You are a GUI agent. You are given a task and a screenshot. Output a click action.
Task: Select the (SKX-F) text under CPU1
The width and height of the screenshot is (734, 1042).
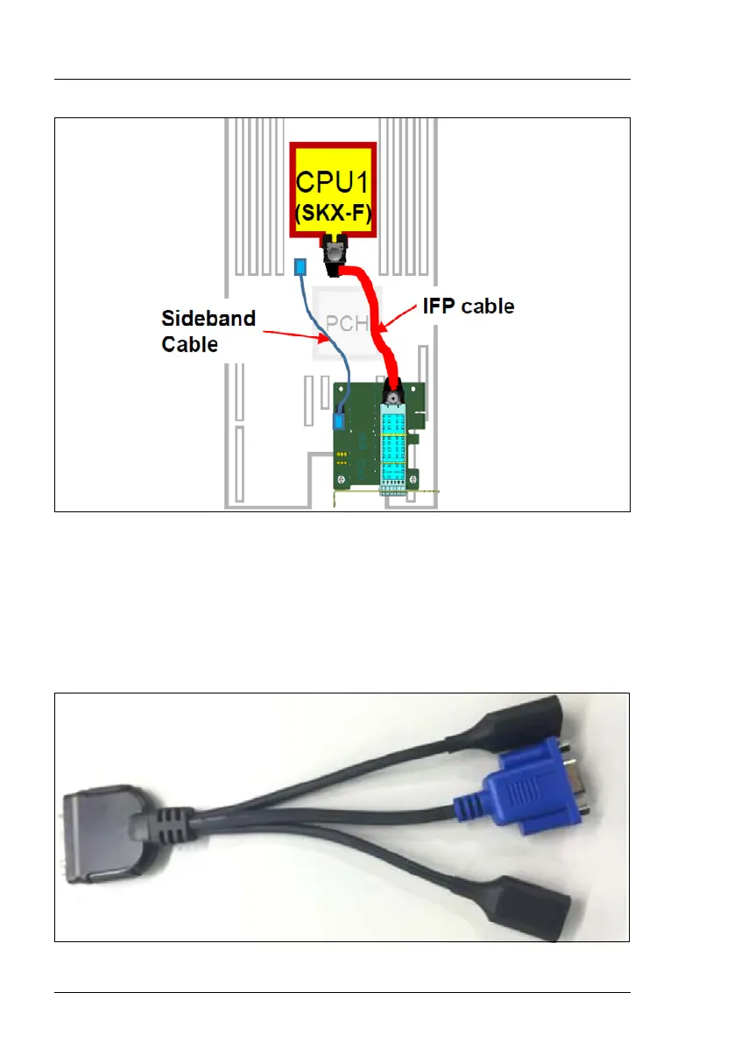tap(334, 213)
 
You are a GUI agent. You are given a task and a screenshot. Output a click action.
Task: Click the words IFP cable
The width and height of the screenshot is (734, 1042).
tap(467, 306)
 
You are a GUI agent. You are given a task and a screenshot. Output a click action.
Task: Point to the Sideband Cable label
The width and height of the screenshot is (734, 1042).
tap(208, 330)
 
